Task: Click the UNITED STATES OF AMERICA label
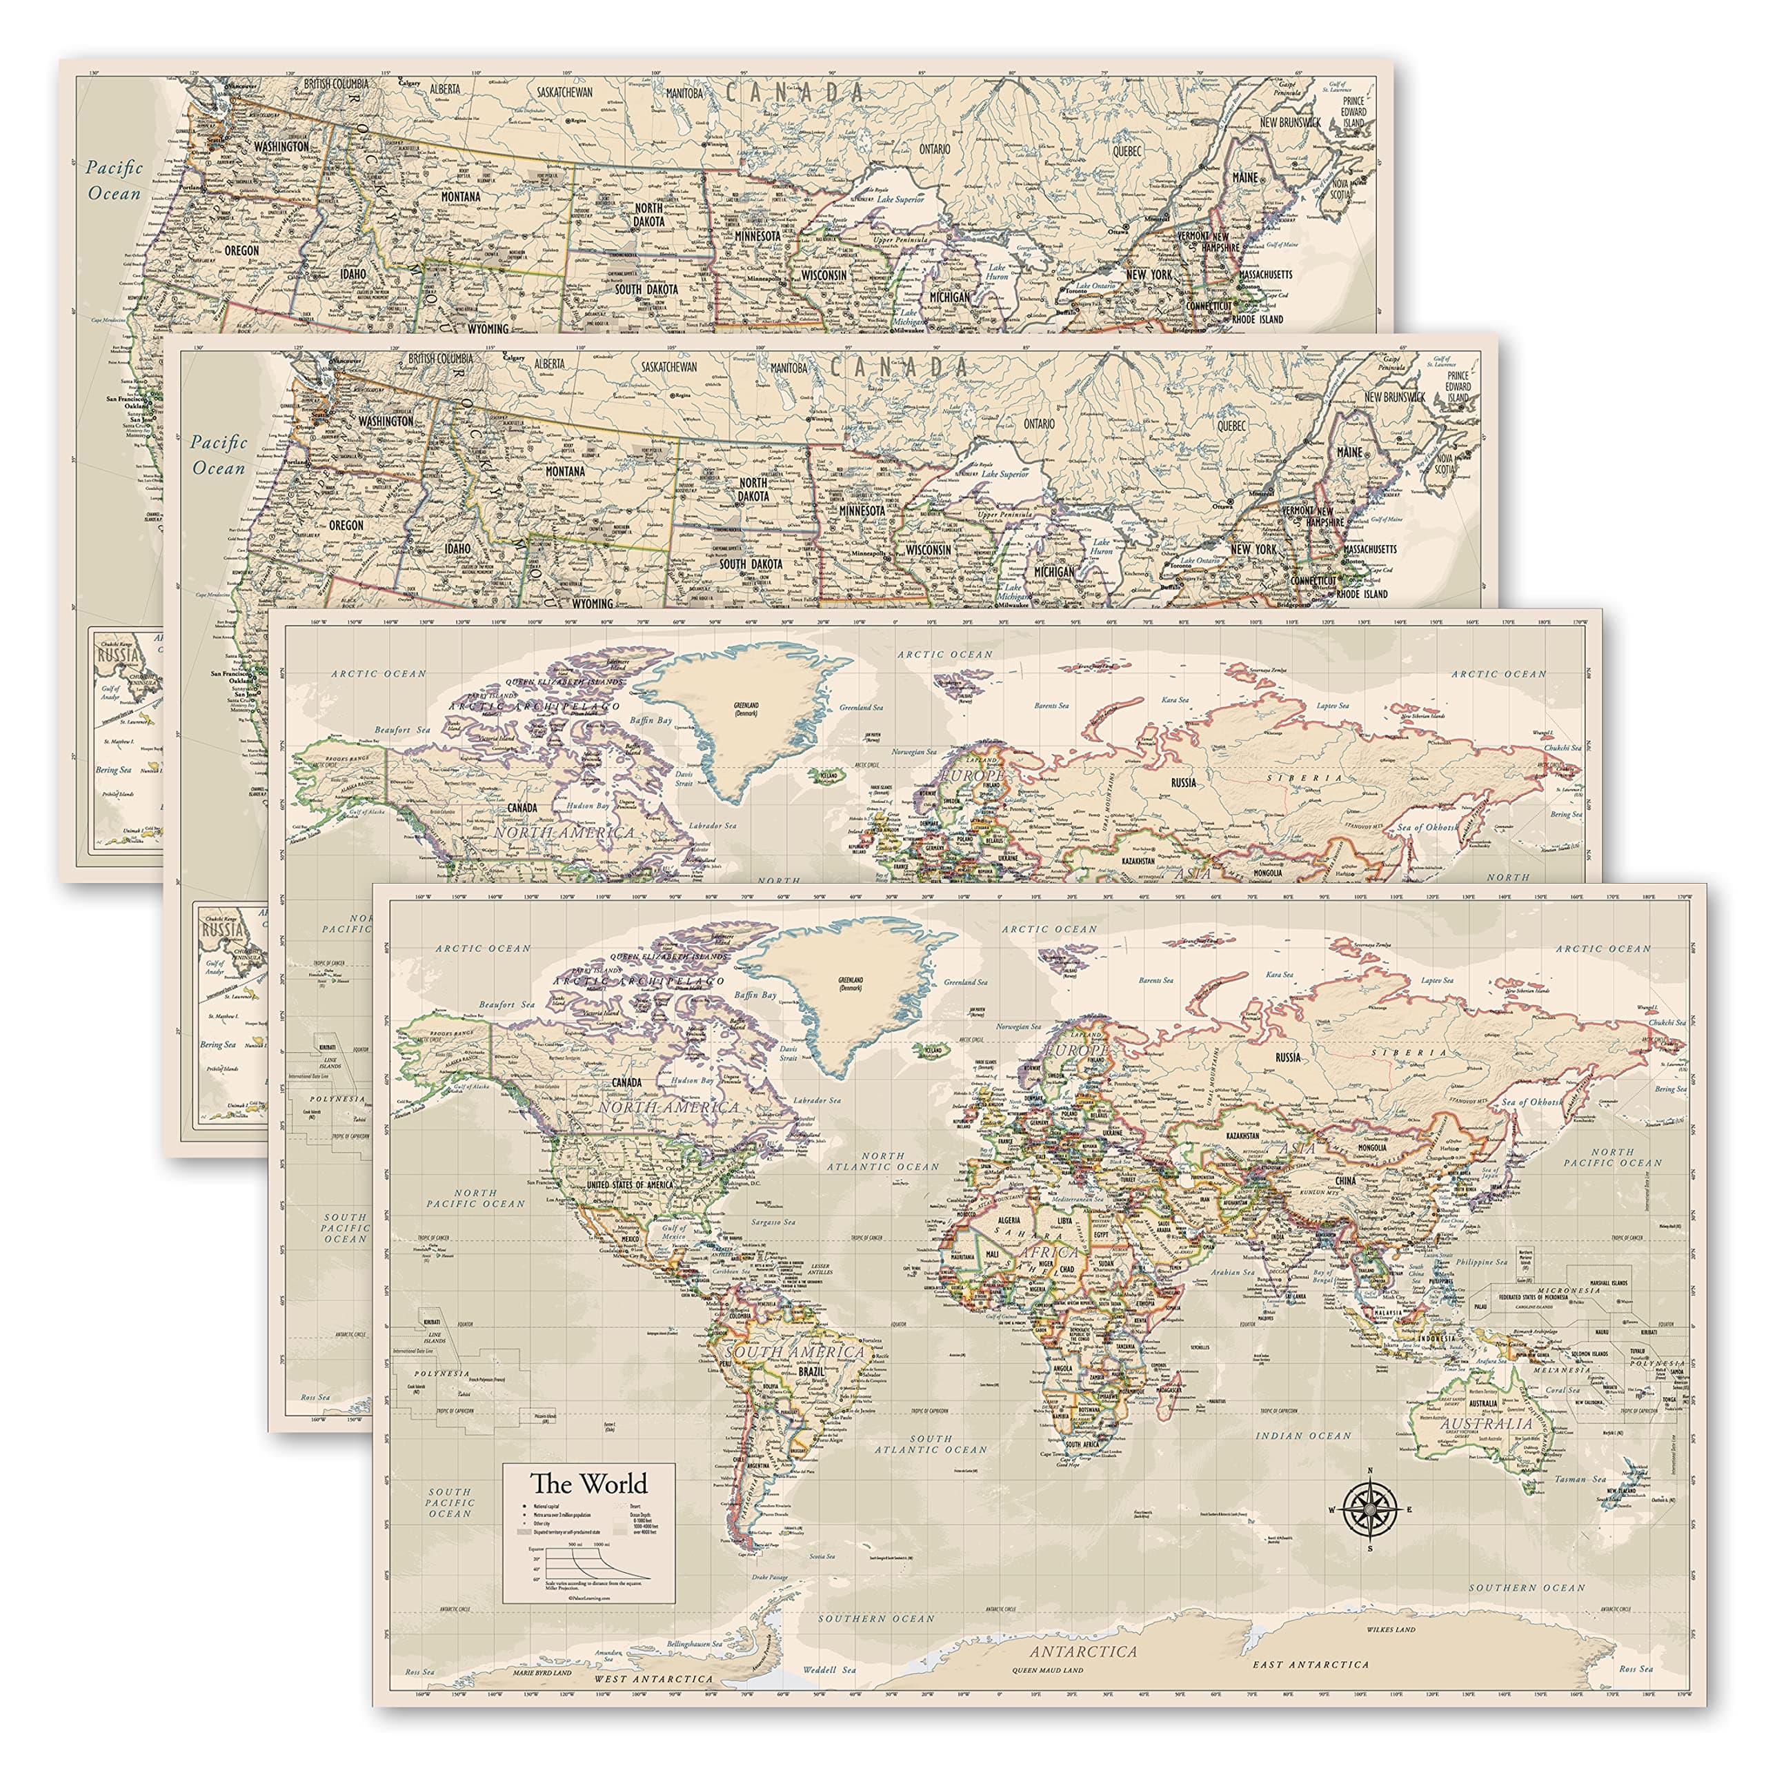coord(630,1184)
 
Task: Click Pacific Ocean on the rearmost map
coord(115,180)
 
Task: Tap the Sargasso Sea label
coord(774,1221)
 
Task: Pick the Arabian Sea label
coord(1233,1271)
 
